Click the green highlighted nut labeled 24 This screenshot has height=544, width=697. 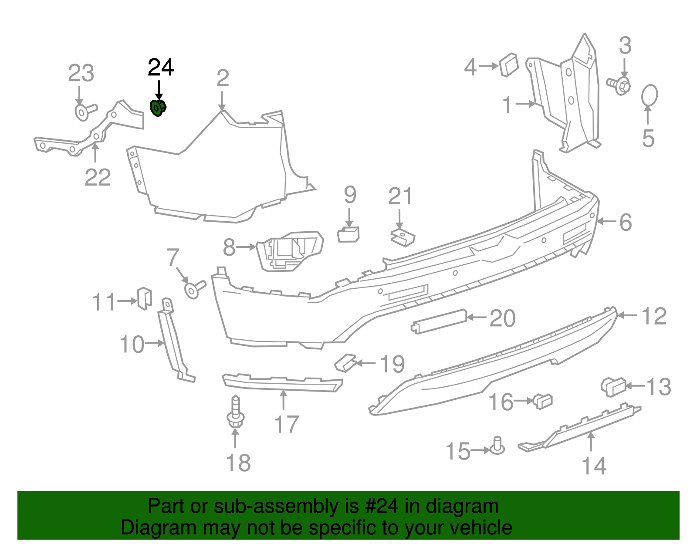[158, 108]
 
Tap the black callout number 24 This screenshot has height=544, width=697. [161, 68]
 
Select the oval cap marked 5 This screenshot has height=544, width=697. [650, 95]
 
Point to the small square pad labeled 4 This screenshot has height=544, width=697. [508, 65]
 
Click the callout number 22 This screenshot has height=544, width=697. [98, 177]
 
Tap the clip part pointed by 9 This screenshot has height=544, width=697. [348, 234]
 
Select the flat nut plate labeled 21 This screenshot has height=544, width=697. [403, 238]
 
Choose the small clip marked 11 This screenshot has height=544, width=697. [144, 298]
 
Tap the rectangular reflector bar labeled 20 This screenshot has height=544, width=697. [439, 321]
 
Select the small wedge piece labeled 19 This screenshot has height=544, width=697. [345, 362]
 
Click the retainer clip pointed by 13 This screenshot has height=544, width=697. [613, 387]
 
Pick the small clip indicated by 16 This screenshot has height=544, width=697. [543, 400]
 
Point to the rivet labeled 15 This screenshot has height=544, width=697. [497, 446]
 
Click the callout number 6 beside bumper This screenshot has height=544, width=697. [625, 223]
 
